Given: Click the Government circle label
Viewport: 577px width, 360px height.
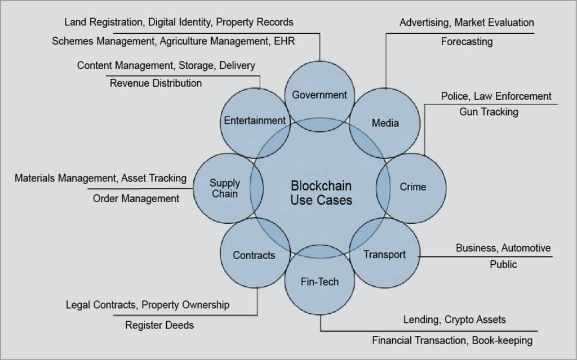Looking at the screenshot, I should pos(319,95).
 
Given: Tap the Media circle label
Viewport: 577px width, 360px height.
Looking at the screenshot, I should pos(385,123).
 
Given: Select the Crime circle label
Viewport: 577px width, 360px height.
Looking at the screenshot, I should pos(412,186).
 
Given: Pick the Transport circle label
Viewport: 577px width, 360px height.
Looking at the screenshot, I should pos(384,254).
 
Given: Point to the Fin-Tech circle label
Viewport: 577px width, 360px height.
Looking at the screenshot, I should pos(319,281).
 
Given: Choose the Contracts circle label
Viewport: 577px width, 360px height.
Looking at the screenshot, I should pos(254,255).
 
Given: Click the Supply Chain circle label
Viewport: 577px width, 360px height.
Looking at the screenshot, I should pos(225,188).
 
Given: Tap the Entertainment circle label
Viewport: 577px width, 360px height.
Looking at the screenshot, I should pos(255,120).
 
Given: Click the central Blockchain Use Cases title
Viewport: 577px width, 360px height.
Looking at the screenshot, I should pos(321,193).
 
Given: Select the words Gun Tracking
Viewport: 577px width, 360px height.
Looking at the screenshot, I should pos(489,112).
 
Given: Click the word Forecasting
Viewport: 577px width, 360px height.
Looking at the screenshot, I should pos(467,41).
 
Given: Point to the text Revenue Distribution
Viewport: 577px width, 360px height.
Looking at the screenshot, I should pos(156,83).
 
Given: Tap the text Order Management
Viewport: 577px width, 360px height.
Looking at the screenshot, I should pos(136,198).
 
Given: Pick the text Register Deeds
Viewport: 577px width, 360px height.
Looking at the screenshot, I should pos(159,325).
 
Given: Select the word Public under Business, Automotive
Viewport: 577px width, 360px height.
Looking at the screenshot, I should pos(503,264).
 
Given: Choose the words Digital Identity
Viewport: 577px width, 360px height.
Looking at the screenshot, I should pos(180,22).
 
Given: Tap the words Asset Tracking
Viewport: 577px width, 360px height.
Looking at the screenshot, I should pos(153,178).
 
